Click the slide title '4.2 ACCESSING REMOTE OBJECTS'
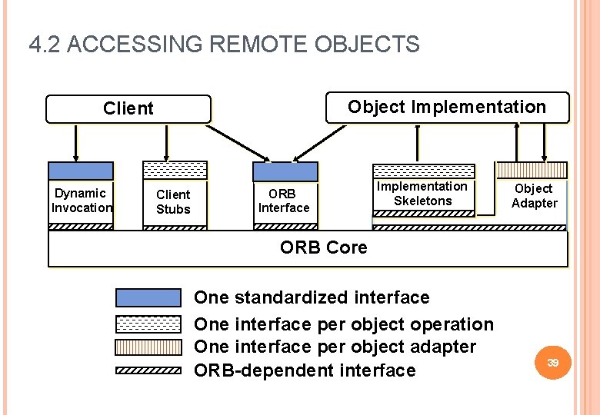pos(224,45)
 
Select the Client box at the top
pos(128,108)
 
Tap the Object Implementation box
pos(447,107)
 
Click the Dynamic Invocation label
pos(81,201)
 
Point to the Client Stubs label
pos(173,202)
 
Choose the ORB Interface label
pos(284,201)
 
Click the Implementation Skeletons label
pos(422,194)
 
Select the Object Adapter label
pos(534,196)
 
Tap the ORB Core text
pos(323,247)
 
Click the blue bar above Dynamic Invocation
pos(81,171)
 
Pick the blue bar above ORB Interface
pos(285,171)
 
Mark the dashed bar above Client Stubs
pos(175,170)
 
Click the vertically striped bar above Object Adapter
pos(532,169)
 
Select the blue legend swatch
pos(148,298)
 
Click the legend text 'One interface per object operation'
pos(343,324)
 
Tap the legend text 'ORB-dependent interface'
pos(305,370)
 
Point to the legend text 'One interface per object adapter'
pos(335,347)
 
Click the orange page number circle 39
pos(552,362)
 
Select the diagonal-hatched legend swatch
pos(148,370)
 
